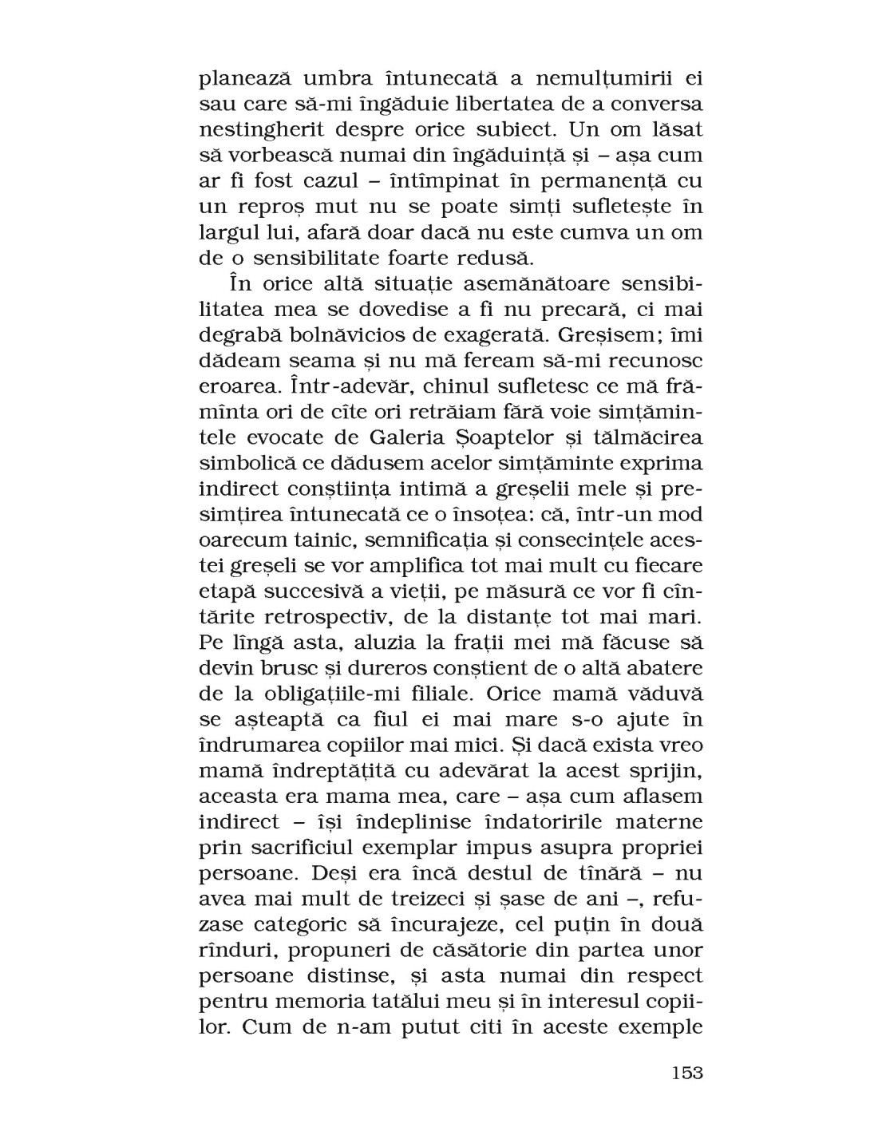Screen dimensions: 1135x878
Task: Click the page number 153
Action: pos(686,1072)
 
